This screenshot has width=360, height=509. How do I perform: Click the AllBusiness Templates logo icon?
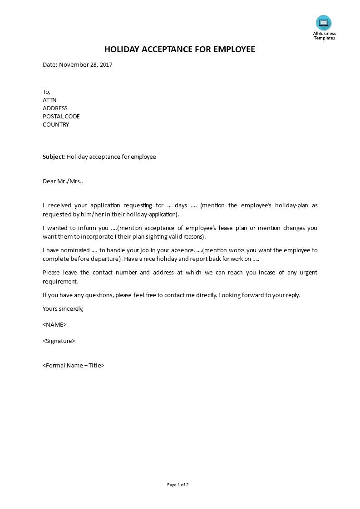[324, 23]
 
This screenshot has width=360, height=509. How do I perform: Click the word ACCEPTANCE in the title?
[160, 49]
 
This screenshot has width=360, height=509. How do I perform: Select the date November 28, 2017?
[86, 64]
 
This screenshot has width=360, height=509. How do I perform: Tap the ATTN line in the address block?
[49, 100]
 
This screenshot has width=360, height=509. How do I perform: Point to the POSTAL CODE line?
[61, 117]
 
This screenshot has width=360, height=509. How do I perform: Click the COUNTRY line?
[56, 125]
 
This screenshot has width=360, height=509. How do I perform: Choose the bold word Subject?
[54, 157]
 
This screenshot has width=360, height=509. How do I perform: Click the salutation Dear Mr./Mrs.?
[63, 181]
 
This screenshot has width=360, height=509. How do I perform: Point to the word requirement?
[60, 281]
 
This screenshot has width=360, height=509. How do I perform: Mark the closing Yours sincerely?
[63, 308]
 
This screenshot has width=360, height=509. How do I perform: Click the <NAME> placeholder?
[54, 325]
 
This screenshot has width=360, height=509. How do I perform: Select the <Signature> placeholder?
[59, 341]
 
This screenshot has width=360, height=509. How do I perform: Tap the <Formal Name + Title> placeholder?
[74, 365]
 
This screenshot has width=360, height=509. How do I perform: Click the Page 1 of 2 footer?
[178, 485]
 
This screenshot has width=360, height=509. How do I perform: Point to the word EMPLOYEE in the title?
[233, 49]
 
